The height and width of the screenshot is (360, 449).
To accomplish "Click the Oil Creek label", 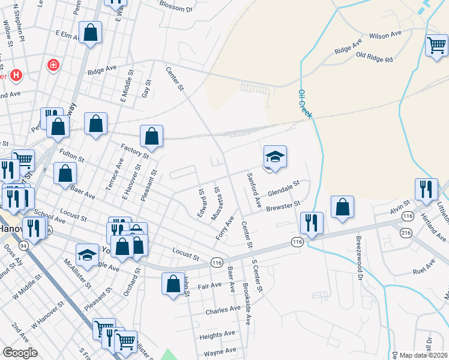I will (306, 103).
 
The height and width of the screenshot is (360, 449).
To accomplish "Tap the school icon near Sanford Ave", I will (274, 157).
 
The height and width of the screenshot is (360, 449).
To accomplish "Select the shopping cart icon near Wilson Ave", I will (436, 46).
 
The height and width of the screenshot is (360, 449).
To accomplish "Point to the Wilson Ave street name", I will (385, 35).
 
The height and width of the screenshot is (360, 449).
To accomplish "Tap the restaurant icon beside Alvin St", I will (427, 189).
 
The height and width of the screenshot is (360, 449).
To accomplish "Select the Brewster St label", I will (283, 206).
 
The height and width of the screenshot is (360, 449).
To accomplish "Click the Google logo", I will (20, 353).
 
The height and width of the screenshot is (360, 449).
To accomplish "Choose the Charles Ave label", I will (222, 311).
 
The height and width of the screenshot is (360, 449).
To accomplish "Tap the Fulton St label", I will (71, 157).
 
